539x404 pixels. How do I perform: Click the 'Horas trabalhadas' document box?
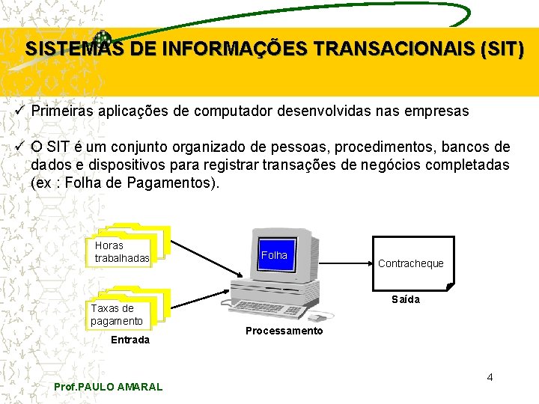tap(122, 252)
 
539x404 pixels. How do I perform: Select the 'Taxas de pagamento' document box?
tap(118, 314)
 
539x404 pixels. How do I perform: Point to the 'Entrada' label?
tap(130, 340)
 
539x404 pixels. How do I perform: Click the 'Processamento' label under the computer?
tap(284, 331)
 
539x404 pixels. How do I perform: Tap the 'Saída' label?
tap(406, 299)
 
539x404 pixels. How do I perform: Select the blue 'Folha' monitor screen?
tap(274, 255)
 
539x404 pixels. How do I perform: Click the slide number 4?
tap(490, 376)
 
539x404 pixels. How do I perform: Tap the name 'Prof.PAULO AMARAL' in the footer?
tap(109, 386)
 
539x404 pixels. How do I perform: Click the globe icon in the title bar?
tap(102, 39)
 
